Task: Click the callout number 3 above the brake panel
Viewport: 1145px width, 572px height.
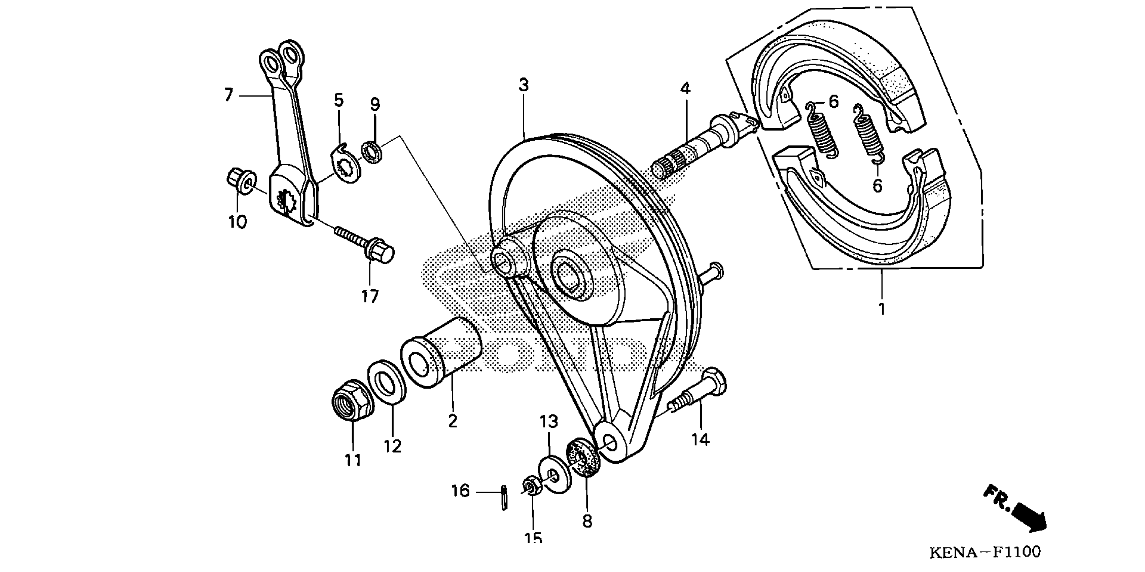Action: click(x=524, y=85)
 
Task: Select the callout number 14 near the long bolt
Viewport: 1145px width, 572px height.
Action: click(x=700, y=439)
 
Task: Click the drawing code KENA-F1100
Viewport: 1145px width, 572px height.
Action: click(x=985, y=552)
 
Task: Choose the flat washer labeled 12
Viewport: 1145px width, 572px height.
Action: click(x=386, y=383)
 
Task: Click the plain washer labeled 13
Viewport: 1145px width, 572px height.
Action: click(x=555, y=473)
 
